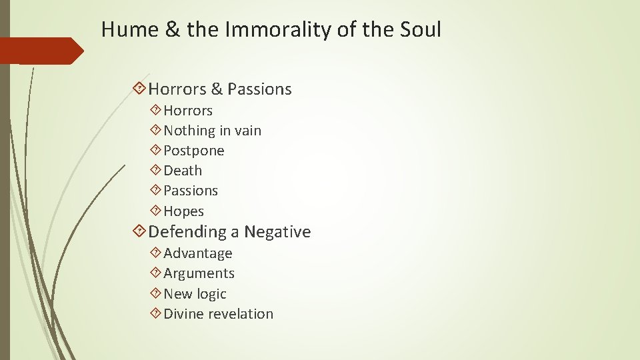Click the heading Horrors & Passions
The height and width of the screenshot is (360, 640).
click(x=220, y=89)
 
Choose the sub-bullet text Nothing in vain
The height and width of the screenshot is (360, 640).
click(x=212, y=131)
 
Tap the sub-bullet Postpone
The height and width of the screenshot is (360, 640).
click(x=193, y=151)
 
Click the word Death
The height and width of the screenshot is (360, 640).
click(x=182, y=171)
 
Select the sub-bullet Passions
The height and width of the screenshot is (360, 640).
click(x=191, y=191)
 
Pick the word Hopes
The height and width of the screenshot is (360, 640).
click(x=183, y=211)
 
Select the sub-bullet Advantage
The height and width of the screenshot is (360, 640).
click(x=197, y=253)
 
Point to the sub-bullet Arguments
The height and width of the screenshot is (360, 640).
click(x=199, y=273)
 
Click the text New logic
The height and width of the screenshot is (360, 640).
click(x=195, y=294)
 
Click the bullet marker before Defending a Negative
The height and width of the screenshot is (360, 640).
click(x=139, y=231)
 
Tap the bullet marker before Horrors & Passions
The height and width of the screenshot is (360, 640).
click(x=139, y=88)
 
